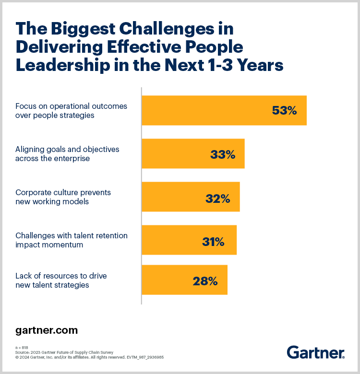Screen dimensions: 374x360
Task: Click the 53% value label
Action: [284, 111]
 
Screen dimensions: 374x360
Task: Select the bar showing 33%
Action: [192, 154]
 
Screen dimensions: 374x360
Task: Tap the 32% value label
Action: [218, 198]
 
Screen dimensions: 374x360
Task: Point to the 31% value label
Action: [213, 242]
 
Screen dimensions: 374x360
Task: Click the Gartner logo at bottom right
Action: [315, 352]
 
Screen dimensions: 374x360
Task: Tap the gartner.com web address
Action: [47, 330]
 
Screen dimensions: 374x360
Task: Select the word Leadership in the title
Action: [62, 65]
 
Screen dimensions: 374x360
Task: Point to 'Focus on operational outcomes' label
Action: [71, 106]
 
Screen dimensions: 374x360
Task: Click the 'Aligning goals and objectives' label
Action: [67, 150]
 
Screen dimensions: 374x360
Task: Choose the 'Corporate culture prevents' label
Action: [63, 193]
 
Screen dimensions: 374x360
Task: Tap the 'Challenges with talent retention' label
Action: [72, 236]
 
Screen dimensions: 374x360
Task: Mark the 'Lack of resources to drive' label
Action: [61, 276]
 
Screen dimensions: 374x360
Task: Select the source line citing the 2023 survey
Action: [64, 352]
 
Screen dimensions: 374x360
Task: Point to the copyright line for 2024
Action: [90, 357]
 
